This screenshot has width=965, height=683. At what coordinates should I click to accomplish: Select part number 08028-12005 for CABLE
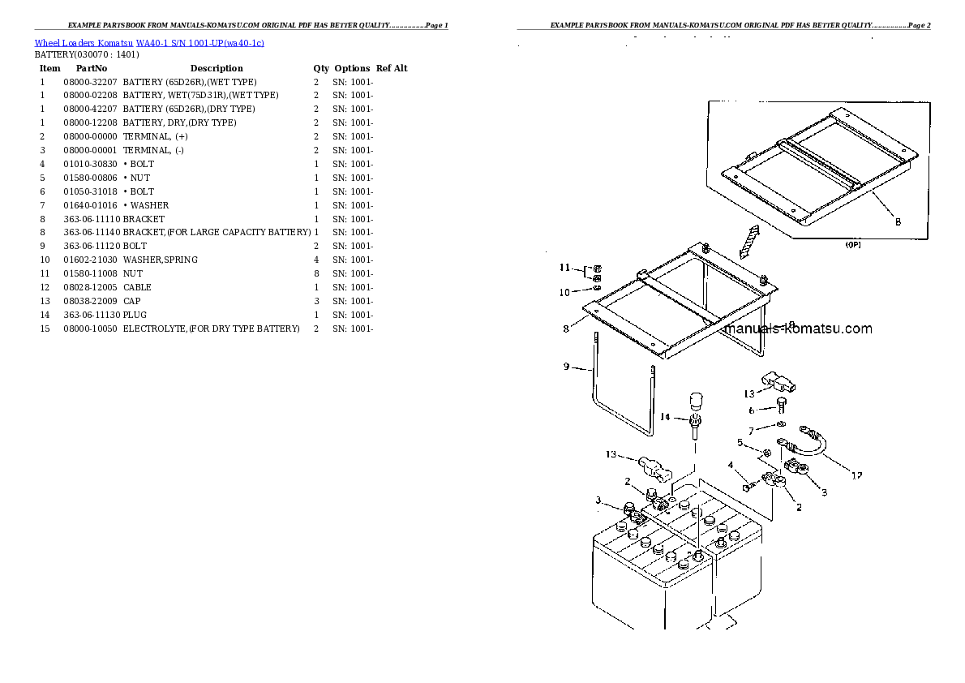point(90,287)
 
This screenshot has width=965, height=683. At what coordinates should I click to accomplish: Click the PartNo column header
point(87,68)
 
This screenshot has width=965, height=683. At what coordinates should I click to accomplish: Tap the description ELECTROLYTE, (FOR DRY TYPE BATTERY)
point(211,329)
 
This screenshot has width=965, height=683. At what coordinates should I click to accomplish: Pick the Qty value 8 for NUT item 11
point(315,273)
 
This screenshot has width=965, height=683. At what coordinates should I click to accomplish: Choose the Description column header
point(216,68)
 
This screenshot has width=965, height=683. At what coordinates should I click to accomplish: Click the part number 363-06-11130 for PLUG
point(90,315)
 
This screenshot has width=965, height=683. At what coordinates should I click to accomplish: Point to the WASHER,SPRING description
point(160,260)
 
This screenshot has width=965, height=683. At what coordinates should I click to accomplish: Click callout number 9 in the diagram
point(567,367)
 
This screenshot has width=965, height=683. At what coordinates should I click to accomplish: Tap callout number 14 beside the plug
point(665,417)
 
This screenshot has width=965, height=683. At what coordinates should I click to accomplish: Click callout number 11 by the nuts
point(564,268)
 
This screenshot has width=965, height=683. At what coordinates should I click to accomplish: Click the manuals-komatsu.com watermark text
point(799,329)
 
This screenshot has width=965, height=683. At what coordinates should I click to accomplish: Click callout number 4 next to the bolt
point(730,466)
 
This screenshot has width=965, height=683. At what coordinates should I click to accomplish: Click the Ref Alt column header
point(392,68)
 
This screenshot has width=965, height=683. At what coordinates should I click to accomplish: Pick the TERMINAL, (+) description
point(155,136)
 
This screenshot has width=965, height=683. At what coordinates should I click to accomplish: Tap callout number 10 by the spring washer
point(564,293)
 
